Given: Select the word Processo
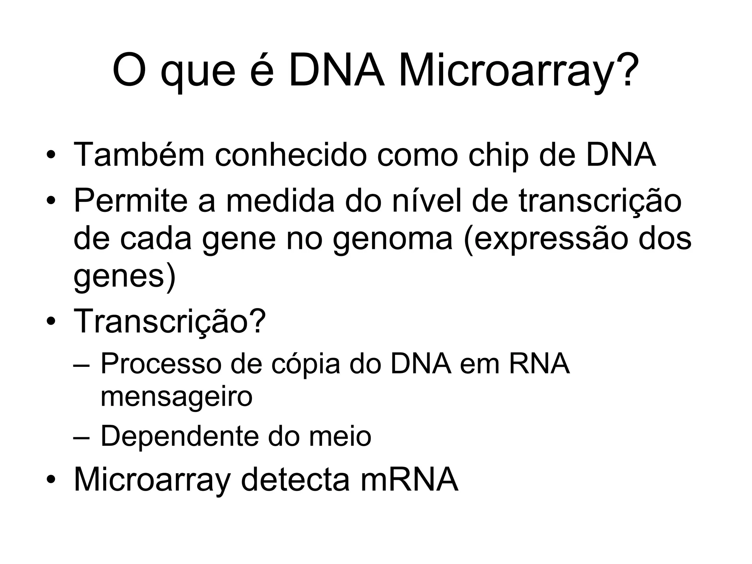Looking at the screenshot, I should click(x=161, y=363).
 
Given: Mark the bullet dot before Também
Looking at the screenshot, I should click(x=51, y=155).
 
